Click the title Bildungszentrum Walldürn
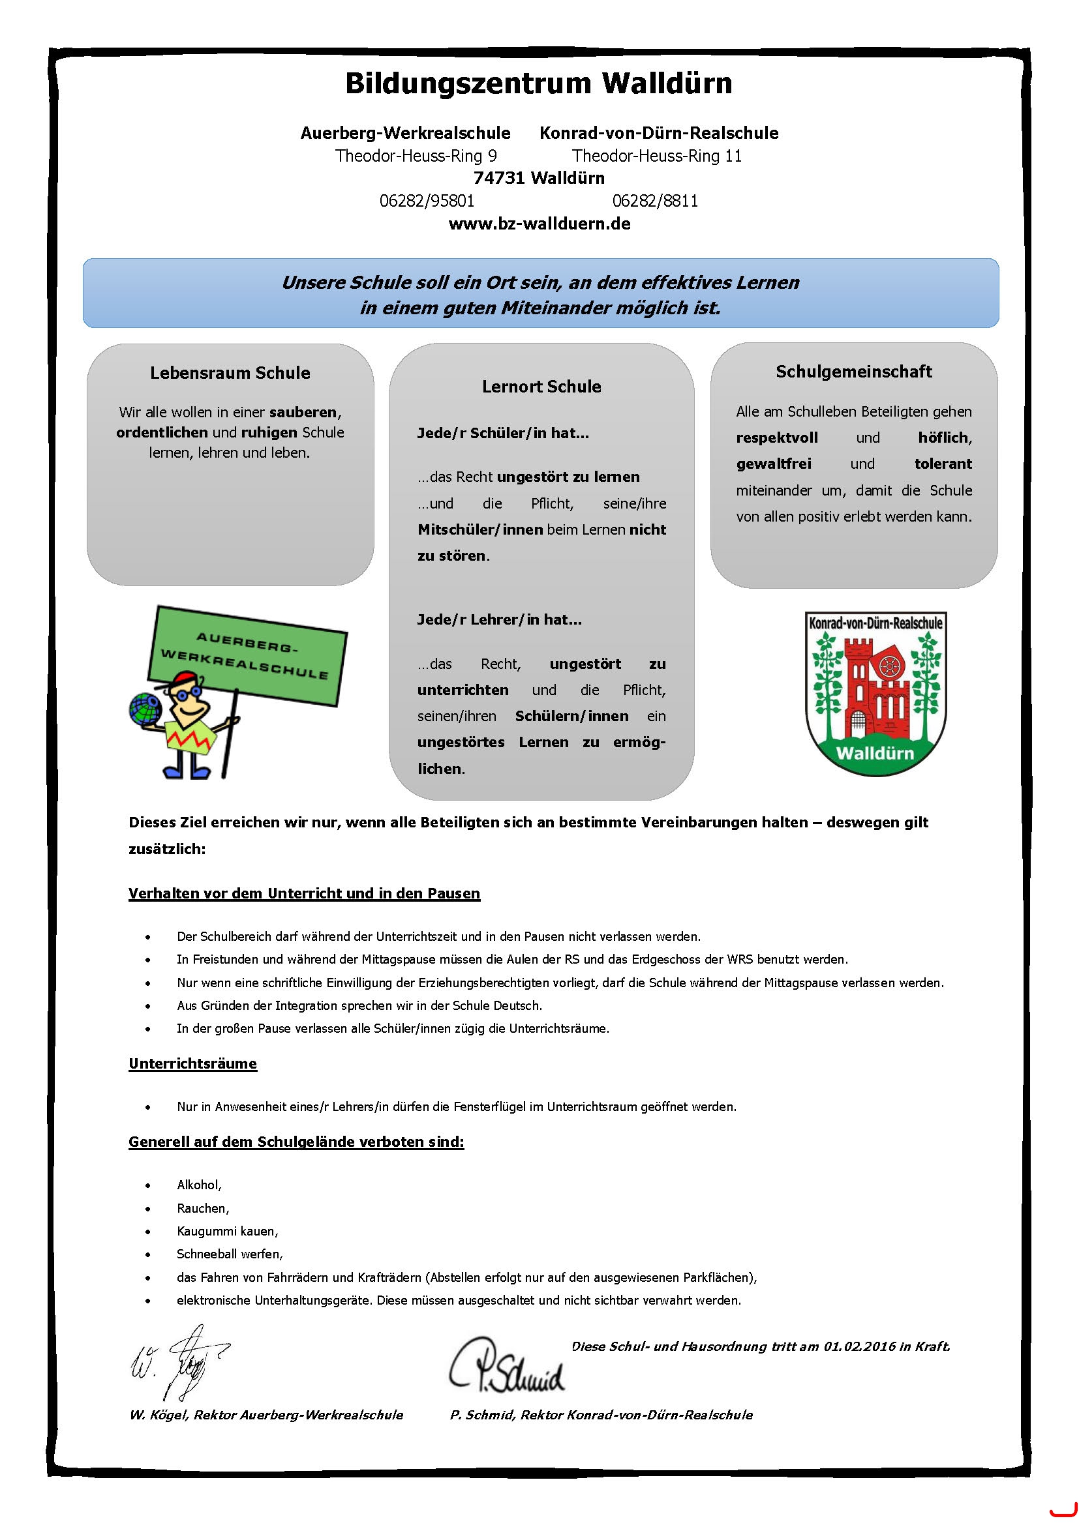(x=539, y=84)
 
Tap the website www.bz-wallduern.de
(x=539, y=224)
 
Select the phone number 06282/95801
(x=427, y=201)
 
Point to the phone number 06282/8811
(x=655, y=201)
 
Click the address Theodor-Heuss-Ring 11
(x=656, y=156)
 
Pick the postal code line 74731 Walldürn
(x=539, y=178)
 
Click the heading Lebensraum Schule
(x=230, y=374)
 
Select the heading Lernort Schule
(x=541, y=387)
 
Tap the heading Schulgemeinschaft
(x=854, y=372)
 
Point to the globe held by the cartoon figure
(x=145, y=708)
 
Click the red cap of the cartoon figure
(x=183, y=680)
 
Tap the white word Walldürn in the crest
(x=875, y=753)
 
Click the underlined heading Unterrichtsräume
(x=192, y=1064)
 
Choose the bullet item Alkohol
(x=199, y=1185)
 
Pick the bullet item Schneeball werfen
(x=229, y=1254)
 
